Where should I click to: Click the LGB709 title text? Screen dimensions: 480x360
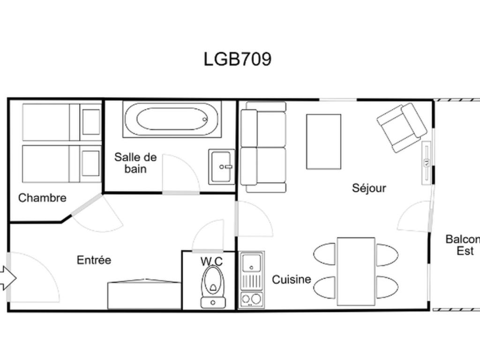point(238,59)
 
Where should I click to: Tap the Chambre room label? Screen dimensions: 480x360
point(42,198)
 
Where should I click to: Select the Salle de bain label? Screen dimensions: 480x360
point(135,163)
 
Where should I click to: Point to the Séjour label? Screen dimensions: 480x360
point(369,187)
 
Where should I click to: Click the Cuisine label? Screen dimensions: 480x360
point(292,279)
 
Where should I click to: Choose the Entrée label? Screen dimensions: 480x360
point(94,260)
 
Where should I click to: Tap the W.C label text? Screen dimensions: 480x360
point(211,262)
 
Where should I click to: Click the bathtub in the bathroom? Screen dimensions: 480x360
point(172,119)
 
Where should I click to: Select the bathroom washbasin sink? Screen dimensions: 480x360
point(222,167)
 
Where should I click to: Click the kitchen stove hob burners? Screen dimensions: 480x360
point(251,299)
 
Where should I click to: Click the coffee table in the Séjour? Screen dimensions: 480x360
point(323,142)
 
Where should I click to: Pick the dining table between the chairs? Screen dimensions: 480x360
point(356,271)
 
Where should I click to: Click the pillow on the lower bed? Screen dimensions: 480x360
point(91,164)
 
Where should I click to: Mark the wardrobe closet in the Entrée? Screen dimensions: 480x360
point(144,294)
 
